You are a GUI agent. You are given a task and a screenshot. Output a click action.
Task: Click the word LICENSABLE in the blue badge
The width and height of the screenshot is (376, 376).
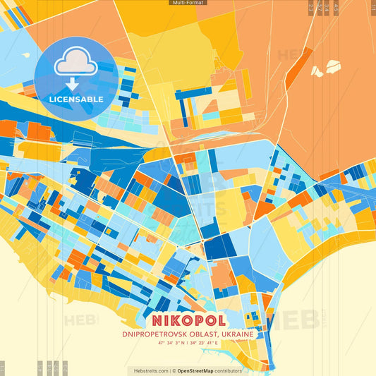(x=76, y=99)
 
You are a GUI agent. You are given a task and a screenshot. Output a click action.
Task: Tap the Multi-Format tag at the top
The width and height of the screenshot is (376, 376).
(x=188, y=3)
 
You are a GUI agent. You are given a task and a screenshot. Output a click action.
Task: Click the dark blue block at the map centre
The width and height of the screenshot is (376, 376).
(x=219, y=248)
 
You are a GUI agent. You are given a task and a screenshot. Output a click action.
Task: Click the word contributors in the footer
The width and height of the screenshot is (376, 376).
(x=229, y=370)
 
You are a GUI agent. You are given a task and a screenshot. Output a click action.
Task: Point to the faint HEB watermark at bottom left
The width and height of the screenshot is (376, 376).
(x=81, y=320)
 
